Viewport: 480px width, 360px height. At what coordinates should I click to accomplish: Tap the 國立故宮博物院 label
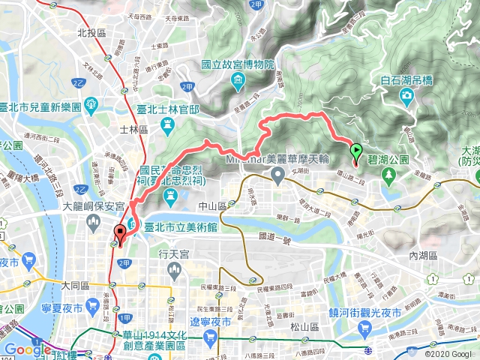coord(235,65)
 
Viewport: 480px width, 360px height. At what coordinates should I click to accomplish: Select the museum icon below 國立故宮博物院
coord(238,80)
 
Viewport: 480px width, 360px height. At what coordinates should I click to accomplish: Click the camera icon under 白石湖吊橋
coord(406,95)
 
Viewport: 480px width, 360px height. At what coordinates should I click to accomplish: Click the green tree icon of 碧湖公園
coord(388,175)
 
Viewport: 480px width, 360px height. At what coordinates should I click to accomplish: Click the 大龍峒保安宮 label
coord(93,205)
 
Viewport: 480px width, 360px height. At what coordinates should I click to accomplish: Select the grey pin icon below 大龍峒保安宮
coord(93,221)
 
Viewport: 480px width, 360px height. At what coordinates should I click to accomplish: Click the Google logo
coord(28,349)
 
